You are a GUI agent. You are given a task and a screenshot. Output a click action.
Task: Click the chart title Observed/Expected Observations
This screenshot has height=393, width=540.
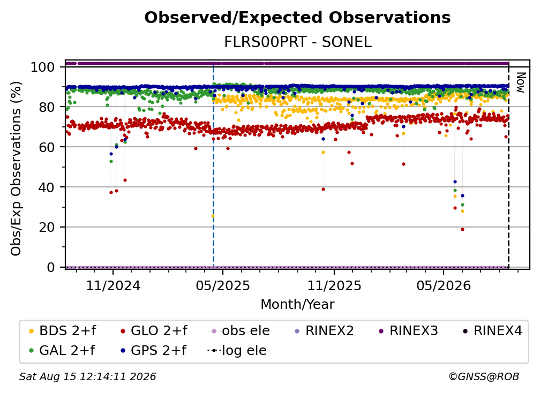(297, 18)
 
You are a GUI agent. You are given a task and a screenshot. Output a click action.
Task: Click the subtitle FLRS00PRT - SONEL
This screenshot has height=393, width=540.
(298, 42)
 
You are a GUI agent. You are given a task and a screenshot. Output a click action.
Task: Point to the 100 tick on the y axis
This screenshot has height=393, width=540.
(43, 67)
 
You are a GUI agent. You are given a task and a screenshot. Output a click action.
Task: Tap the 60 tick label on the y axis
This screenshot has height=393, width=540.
(47, 147)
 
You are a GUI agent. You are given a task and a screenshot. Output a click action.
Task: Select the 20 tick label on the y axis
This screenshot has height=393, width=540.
(47, 227)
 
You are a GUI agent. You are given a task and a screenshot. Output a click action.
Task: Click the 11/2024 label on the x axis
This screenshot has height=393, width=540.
(113, 285)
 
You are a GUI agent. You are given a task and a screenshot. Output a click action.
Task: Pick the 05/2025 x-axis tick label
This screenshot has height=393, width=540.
(223, 285)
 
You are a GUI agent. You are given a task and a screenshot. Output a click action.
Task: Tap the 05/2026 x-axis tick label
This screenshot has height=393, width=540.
(444, 285)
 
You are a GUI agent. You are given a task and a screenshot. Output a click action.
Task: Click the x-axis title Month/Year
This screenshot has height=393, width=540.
(297, 305)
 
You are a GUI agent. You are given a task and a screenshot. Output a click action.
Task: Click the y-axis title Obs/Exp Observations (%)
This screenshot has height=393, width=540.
(16, 169)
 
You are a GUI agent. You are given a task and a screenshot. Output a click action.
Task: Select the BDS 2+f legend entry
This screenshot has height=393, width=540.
(62, 331)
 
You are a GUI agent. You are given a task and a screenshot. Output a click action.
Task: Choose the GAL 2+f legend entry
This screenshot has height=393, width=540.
(62, 351)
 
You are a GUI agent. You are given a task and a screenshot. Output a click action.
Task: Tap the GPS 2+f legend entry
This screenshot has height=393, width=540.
(154, 351)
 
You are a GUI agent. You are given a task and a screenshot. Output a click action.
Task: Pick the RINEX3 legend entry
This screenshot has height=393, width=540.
(408, 331)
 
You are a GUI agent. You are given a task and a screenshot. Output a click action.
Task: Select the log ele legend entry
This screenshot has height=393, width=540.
(237, 351)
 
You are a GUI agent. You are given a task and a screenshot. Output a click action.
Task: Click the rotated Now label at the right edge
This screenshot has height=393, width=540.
(520, 82)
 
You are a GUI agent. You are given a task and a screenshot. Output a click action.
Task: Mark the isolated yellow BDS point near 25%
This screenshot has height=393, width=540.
(213, 216)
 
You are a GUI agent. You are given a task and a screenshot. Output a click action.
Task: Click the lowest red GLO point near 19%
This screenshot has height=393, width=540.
(462, 230)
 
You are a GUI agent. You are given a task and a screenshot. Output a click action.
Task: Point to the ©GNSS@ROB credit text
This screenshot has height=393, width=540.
(484, 377)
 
